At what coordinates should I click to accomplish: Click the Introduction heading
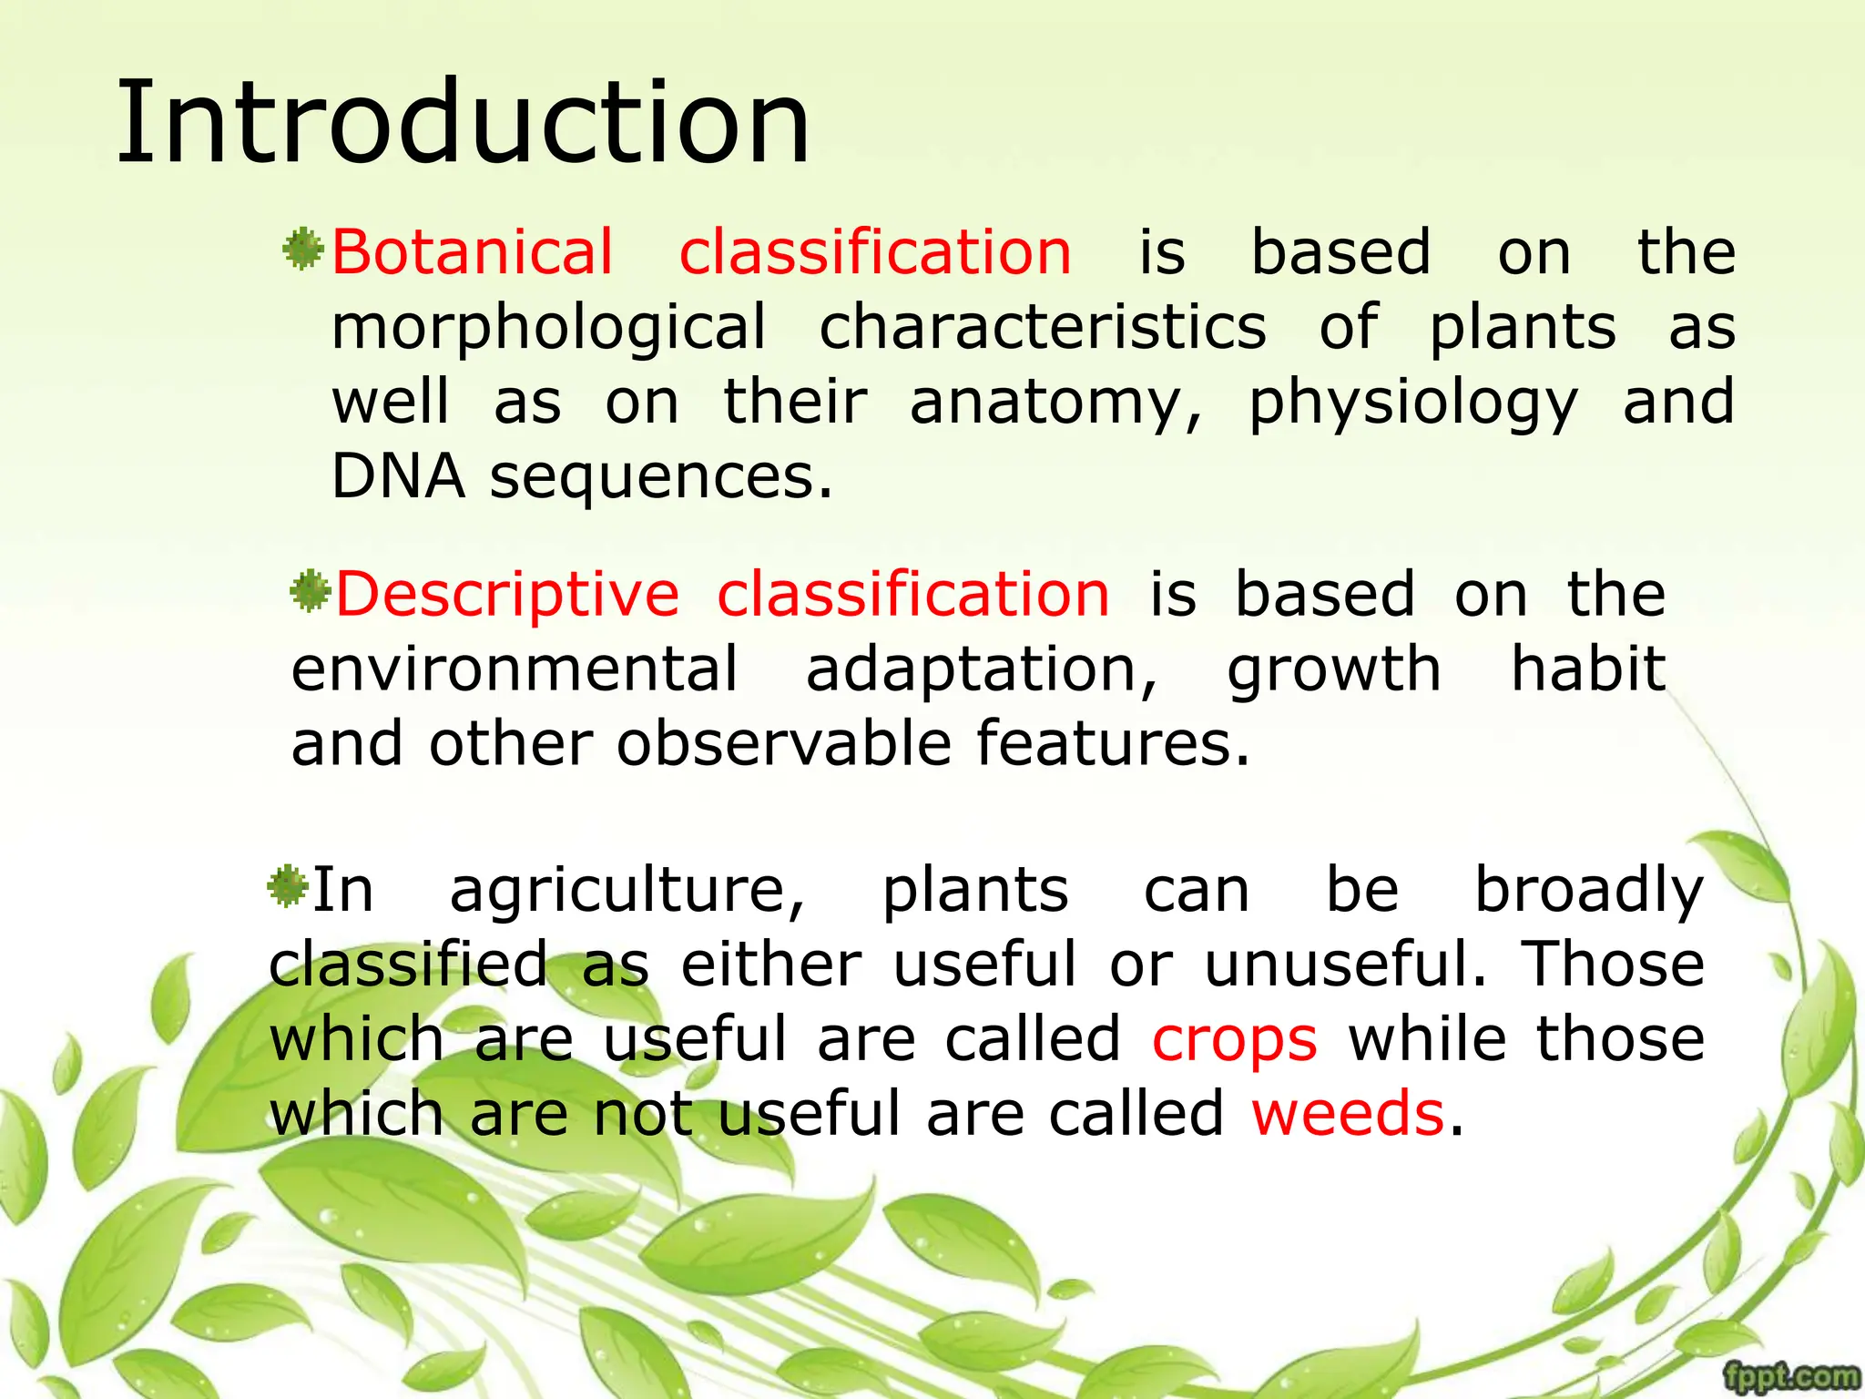pos(463,123)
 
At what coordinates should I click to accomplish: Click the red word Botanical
pos(472,252)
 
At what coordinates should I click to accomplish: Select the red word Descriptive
pos(507,595)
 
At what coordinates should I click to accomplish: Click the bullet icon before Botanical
pos(303,250)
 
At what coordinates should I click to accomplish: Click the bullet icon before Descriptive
pos(310,592)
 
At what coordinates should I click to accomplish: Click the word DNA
pos(398,476)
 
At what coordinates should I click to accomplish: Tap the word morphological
pos(548,328)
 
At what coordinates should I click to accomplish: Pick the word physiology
pos(1412,403)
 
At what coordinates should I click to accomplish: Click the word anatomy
pos(1055,403)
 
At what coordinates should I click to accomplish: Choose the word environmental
pos(515,669)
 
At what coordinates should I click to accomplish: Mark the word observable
pos(784,744)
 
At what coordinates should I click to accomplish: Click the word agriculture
pos(627,891)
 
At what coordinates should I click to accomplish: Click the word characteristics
pos(1043,328)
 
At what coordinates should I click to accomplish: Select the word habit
pos(1588,669)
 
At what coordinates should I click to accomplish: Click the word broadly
pos(1588,891)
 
